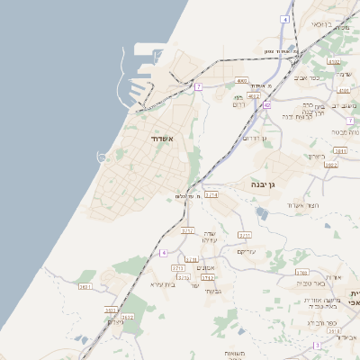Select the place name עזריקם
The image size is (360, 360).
click(247, 251)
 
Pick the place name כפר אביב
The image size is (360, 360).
click(308, 78)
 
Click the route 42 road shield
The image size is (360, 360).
click(267, 105)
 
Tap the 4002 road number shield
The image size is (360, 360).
click(242, 80)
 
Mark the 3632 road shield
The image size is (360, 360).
click(127, 317)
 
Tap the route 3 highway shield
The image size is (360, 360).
click(317, 346)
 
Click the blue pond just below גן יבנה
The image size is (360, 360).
click(261, 213)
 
